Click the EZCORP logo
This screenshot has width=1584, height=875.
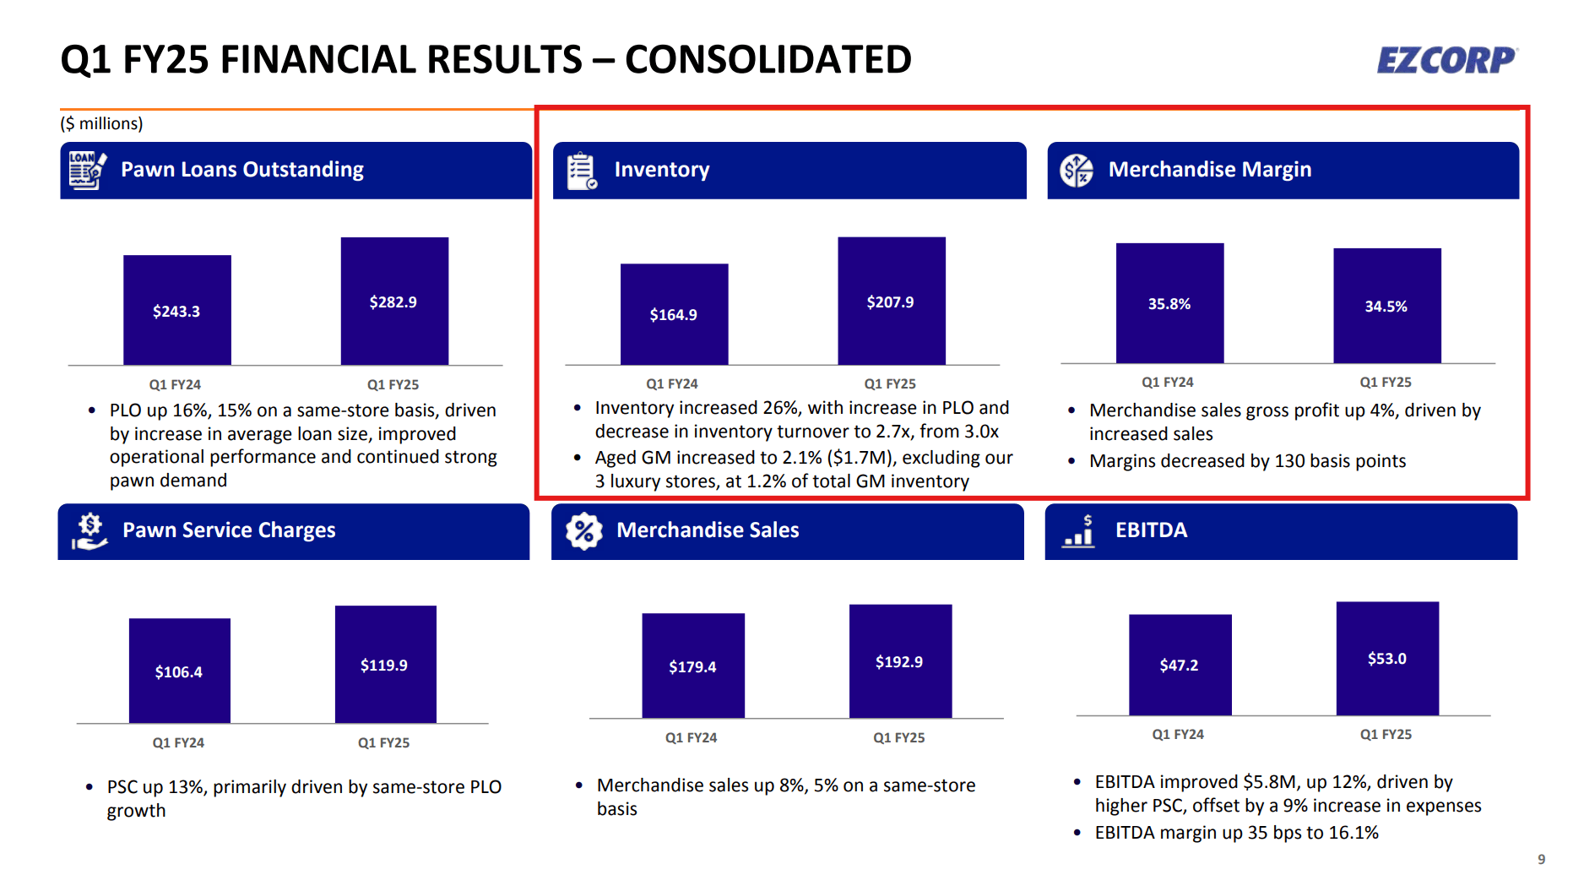(x=1446, y=60)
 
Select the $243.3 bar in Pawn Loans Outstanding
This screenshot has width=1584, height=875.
(x=177, y=310)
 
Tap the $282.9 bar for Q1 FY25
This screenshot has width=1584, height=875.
(x=394, y=301)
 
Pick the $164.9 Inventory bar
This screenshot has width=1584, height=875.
(x=674, y=314)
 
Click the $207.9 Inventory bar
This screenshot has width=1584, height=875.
(x=891, y=301)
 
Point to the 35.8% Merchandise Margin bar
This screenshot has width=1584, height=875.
(x=1169, y=303)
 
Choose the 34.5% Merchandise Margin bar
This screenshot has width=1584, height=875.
(x=1386, y=306)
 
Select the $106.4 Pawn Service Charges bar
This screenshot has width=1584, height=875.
(x=179, y=671)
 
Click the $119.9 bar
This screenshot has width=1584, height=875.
(x=385, y=664)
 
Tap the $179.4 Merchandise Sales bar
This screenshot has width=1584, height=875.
(x=693, y=666)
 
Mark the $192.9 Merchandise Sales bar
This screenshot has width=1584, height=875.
(x=900, y=660)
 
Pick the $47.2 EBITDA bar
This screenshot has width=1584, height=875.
(x=1180, y=665)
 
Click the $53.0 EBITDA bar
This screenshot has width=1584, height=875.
(x=1387, y=658)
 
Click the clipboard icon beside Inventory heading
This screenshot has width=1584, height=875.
(x=582, y=171)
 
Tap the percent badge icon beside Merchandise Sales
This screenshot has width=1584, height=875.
(x=583, y=531)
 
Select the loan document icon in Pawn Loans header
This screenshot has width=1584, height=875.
(x=87, y=171)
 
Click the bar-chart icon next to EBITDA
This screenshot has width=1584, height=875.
(x=1079, y=531)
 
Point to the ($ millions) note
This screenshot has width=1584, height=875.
(x=101, y=123)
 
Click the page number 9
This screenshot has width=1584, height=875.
(x=1541, y=859)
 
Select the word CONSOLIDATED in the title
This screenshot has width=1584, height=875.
(x=768, y=60)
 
